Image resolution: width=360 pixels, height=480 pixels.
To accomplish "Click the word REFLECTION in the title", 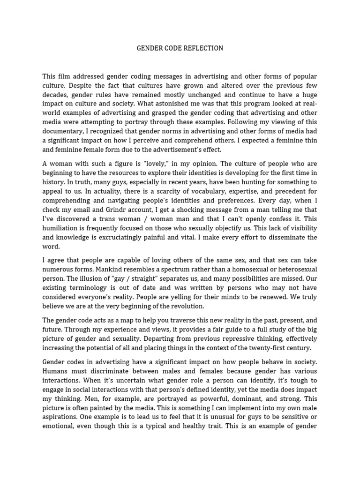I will (x=202, y=48).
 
